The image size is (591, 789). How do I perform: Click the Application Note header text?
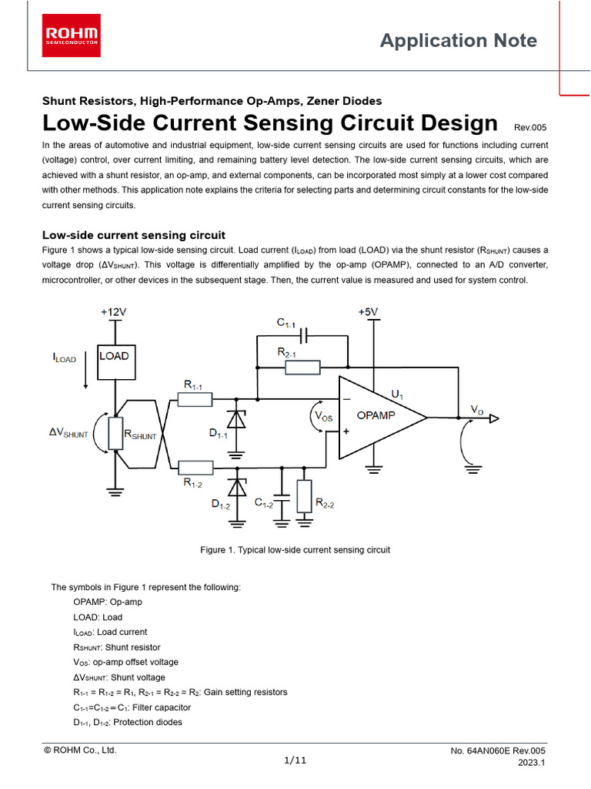(459, 41)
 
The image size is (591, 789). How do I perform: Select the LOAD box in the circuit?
(115, 357)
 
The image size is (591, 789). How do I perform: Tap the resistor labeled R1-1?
(195, 399)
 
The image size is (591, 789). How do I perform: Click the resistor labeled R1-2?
(195, 467)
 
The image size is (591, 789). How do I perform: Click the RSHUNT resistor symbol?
(115, 433)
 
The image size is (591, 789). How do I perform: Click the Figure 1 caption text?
(295, 550)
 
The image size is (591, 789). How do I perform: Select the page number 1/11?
(295, 760)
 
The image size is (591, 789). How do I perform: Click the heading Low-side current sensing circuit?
(133, 235)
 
